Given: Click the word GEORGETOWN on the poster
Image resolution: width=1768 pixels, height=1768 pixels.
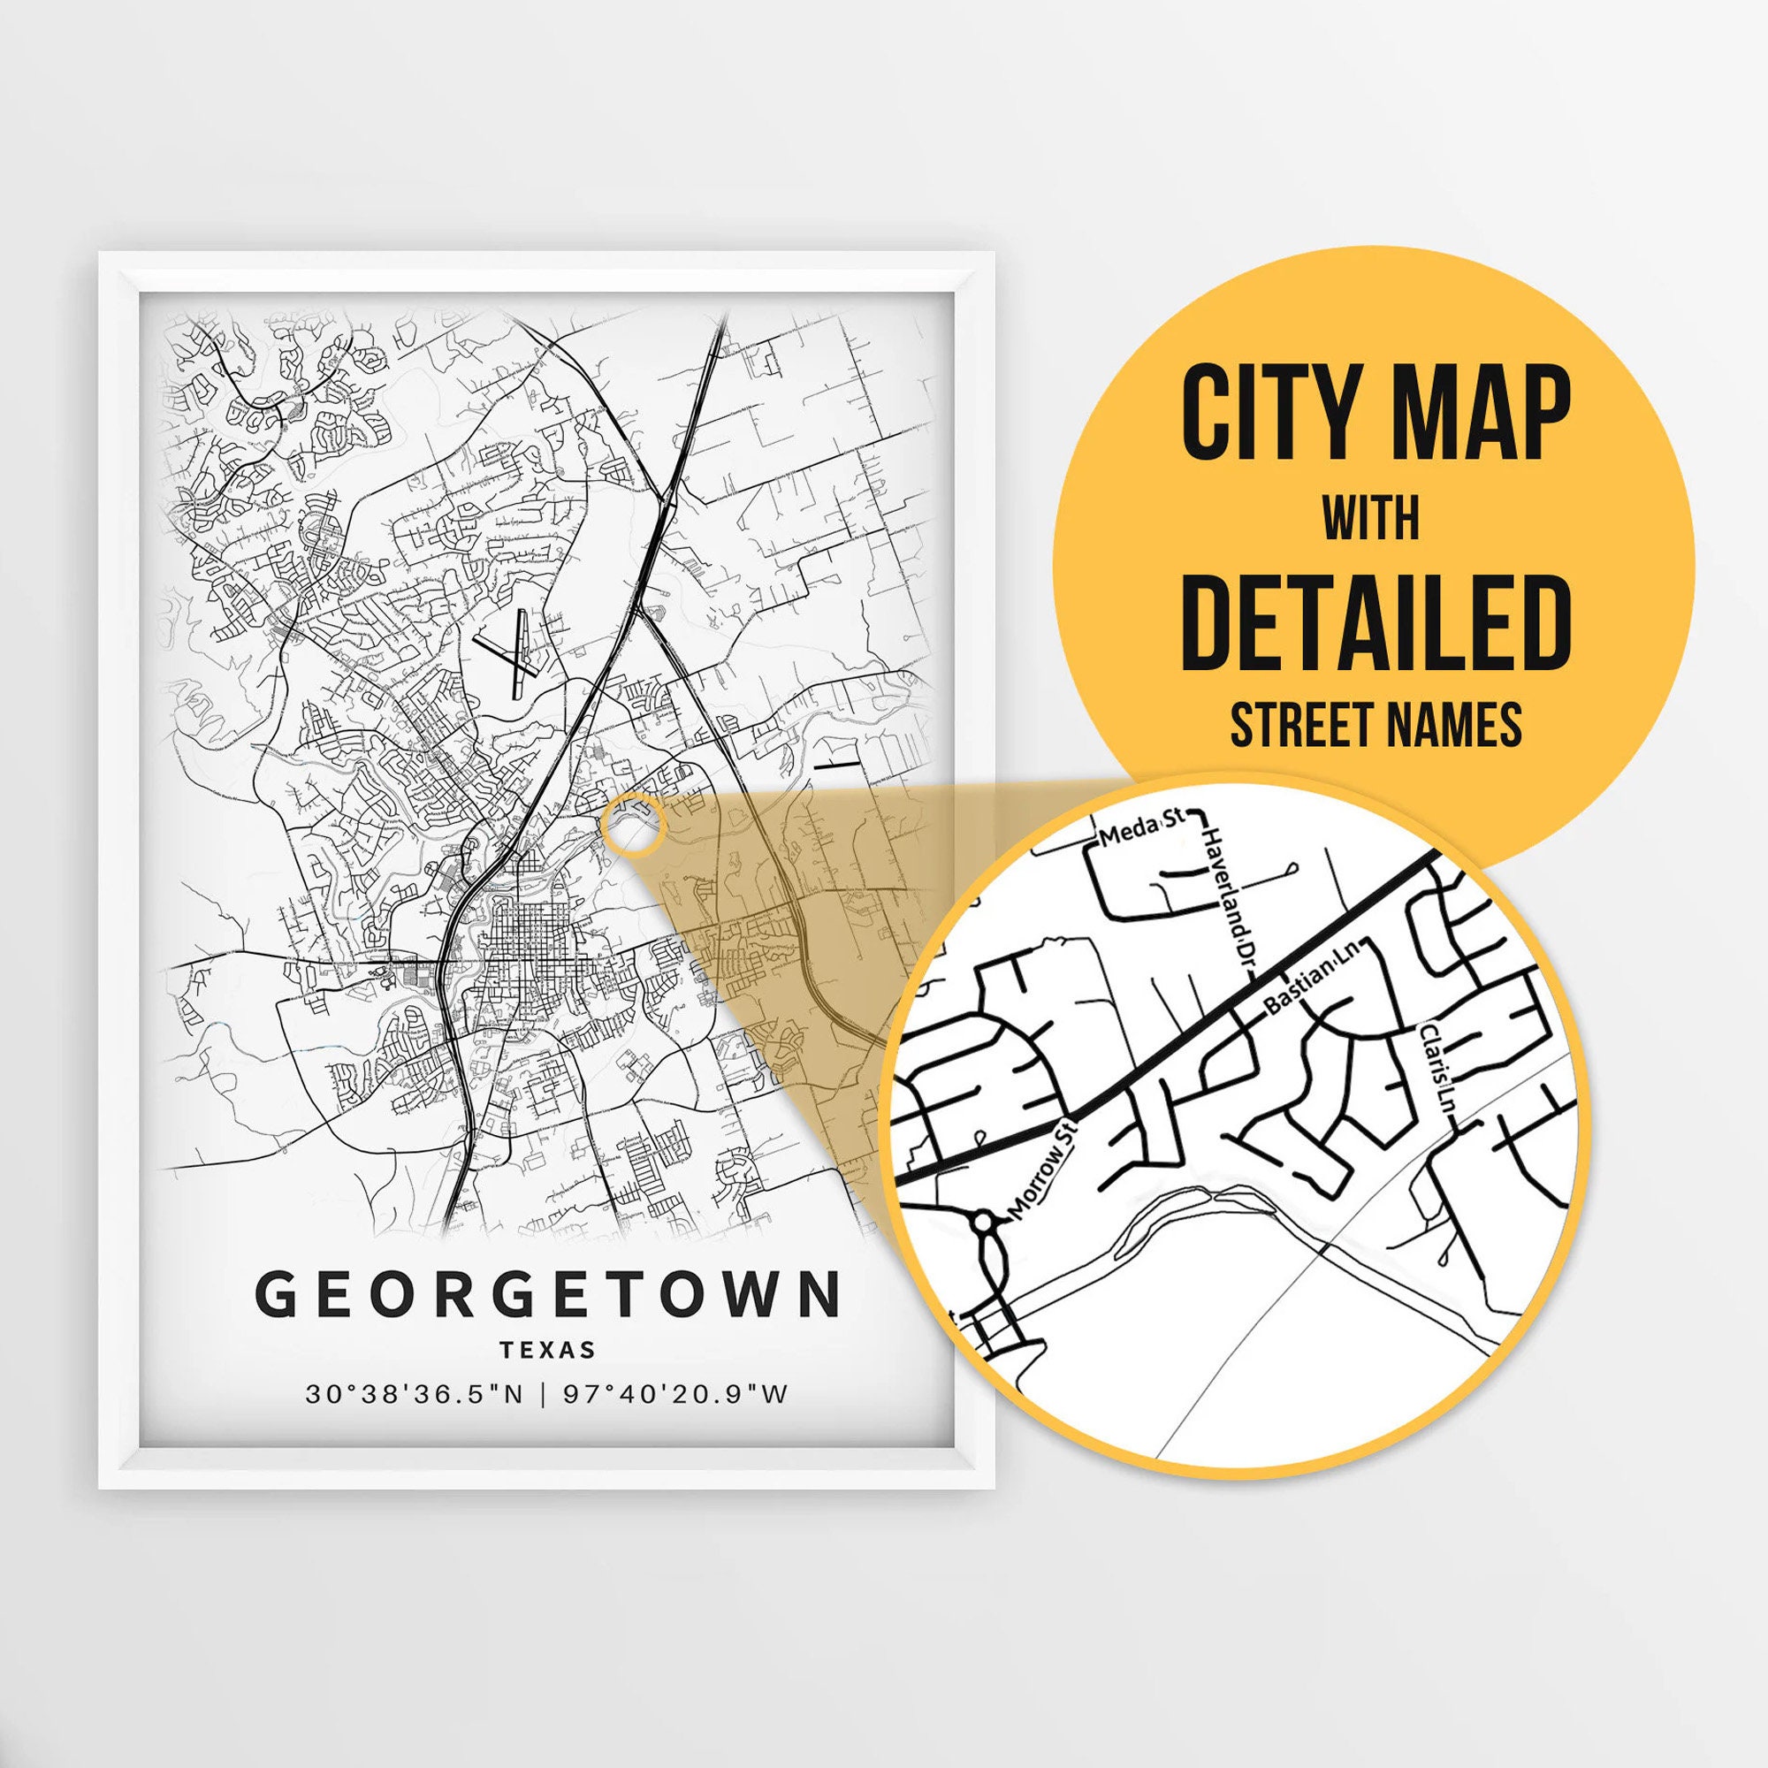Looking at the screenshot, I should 547,1294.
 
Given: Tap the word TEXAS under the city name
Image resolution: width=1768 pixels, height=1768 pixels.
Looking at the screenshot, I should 548,1350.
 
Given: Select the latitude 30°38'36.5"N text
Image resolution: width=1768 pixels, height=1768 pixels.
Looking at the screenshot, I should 415,1395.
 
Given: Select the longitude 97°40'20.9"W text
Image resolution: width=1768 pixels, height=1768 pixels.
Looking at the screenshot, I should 675,1395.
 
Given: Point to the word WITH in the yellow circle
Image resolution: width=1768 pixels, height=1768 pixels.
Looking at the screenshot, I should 1371,520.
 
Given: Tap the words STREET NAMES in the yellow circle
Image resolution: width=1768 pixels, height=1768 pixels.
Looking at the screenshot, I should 1376,725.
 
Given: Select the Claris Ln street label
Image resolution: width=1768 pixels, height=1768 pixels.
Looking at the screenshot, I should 1436,1068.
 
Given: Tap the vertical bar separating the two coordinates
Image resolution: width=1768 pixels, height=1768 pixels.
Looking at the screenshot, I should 545,1395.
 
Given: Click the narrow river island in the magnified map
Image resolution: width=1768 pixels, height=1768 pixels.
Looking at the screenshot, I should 1190,1200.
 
